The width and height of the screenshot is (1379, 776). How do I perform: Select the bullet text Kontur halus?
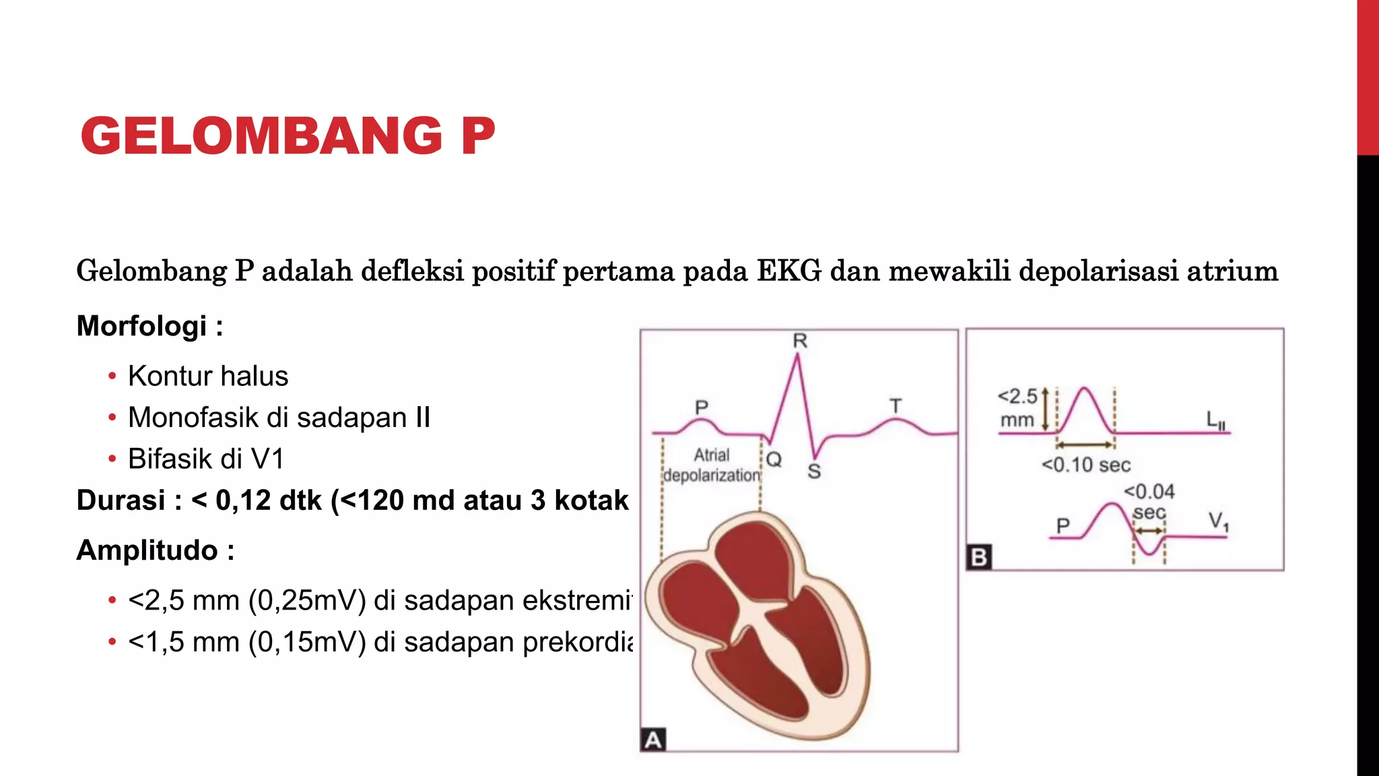click(x=207, y=376)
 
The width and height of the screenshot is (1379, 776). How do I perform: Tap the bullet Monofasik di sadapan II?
click(x=279, y=418)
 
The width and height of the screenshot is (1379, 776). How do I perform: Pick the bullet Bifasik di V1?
click(x=206, y=459)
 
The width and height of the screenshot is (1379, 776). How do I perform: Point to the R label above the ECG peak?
click(x=799, y=341)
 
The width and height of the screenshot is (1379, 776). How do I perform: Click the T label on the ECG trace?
click(x=895, y=406)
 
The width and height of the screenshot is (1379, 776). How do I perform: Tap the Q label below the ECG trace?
click(x=774, y=459)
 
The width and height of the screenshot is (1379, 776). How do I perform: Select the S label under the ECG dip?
click(x=814, y=471)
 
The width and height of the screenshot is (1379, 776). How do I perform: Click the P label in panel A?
click(x=702, y=408)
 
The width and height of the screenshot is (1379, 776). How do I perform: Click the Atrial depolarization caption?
click(x=712, y=465)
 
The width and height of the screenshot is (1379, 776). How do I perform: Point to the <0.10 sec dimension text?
click(x=1085, y=465)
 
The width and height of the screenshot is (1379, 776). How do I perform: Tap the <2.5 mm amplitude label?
click(x=1017, y=408)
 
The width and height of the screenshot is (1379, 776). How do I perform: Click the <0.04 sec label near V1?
click(x=1149, y=501)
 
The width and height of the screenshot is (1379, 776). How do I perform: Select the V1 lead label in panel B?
click(x=1218, y=521)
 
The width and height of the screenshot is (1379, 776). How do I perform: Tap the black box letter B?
click(x=978, y=557)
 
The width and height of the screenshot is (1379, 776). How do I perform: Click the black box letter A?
click(x=652, y=740)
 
